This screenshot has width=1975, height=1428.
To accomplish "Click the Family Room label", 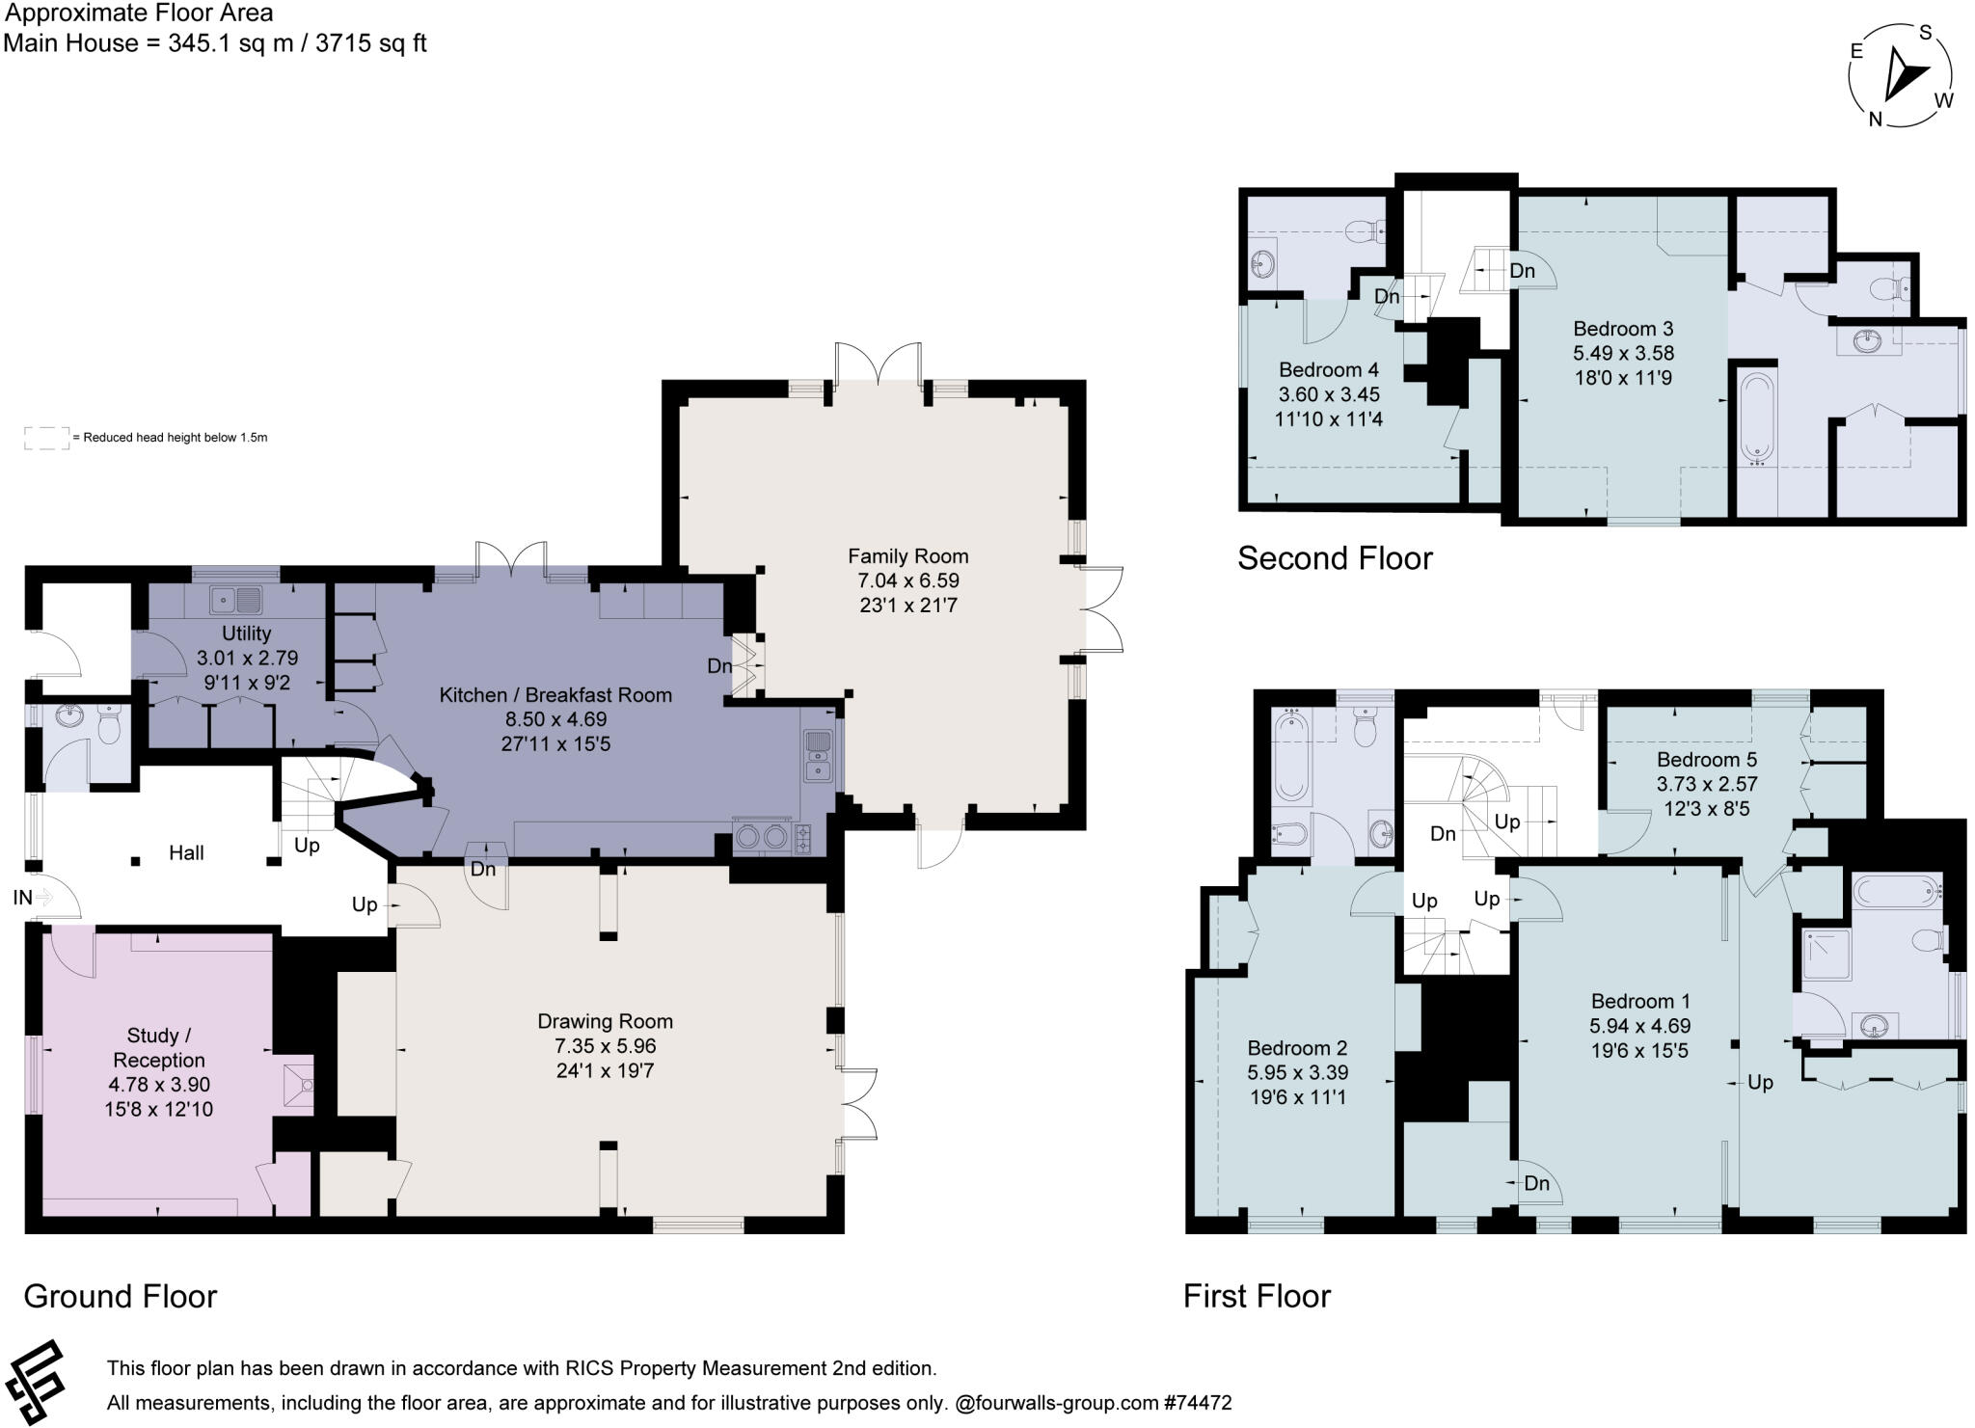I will (907, 555).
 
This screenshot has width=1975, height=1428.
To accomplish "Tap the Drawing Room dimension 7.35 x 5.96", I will (605, 1045).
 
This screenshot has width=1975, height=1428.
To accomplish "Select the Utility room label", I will (246, 633).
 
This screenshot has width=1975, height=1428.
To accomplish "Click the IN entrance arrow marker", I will (42, 898).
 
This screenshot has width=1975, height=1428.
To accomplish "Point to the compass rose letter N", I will (1875, 120).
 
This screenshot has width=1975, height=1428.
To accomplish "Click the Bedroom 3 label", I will (1623, 328).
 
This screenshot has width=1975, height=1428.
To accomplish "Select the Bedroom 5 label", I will (1707, 759).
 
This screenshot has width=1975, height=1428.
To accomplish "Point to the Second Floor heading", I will (1335, 558).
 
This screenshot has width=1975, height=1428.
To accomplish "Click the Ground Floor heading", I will (121, 1296).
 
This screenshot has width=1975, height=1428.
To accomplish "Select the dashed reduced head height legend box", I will (46, 437).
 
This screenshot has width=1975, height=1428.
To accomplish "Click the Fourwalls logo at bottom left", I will (35, 1381).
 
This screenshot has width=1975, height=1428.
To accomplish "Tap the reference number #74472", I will (1197, 1403).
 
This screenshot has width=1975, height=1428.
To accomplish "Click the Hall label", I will (186, 852).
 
